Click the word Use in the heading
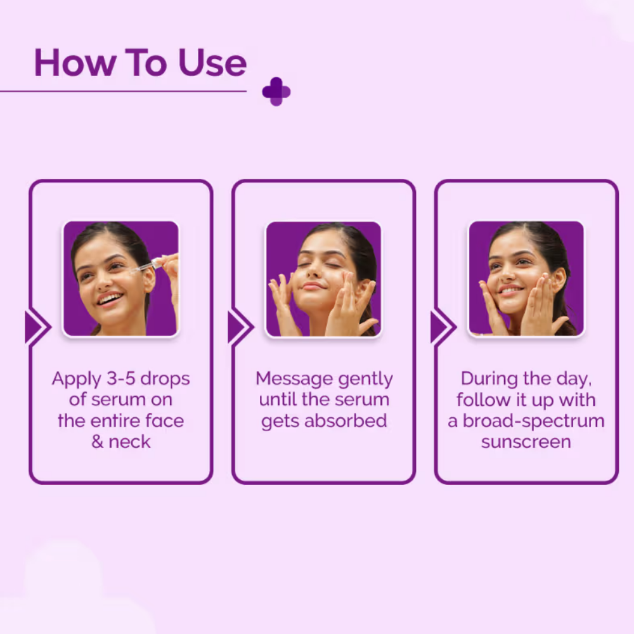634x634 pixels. pos(212,63)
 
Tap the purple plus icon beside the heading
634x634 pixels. pos(276,91)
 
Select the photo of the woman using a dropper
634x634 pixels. pos(121,278)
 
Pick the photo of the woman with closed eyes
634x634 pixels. pos(323,278)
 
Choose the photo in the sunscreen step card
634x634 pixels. pos(526,278)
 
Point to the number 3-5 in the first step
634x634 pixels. pos(121,378)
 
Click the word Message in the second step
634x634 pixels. pos(294,378)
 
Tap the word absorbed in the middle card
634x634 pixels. pos(346,420)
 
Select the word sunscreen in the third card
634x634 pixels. pos(526,441)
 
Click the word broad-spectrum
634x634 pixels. pos(533,422)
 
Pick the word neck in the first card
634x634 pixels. pos(129,441)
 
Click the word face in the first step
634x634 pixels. pos(165,420)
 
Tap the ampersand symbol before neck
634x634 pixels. pos(97,441)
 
